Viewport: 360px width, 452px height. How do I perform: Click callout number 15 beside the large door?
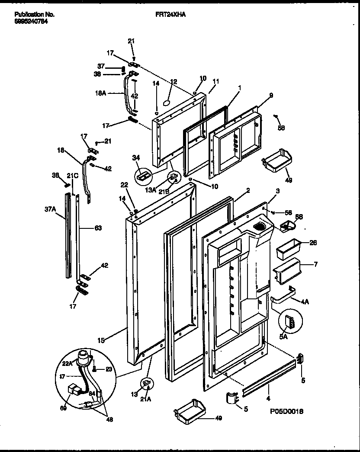101,341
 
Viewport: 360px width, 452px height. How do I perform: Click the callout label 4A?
306,302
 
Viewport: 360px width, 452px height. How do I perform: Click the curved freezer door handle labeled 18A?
128,93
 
